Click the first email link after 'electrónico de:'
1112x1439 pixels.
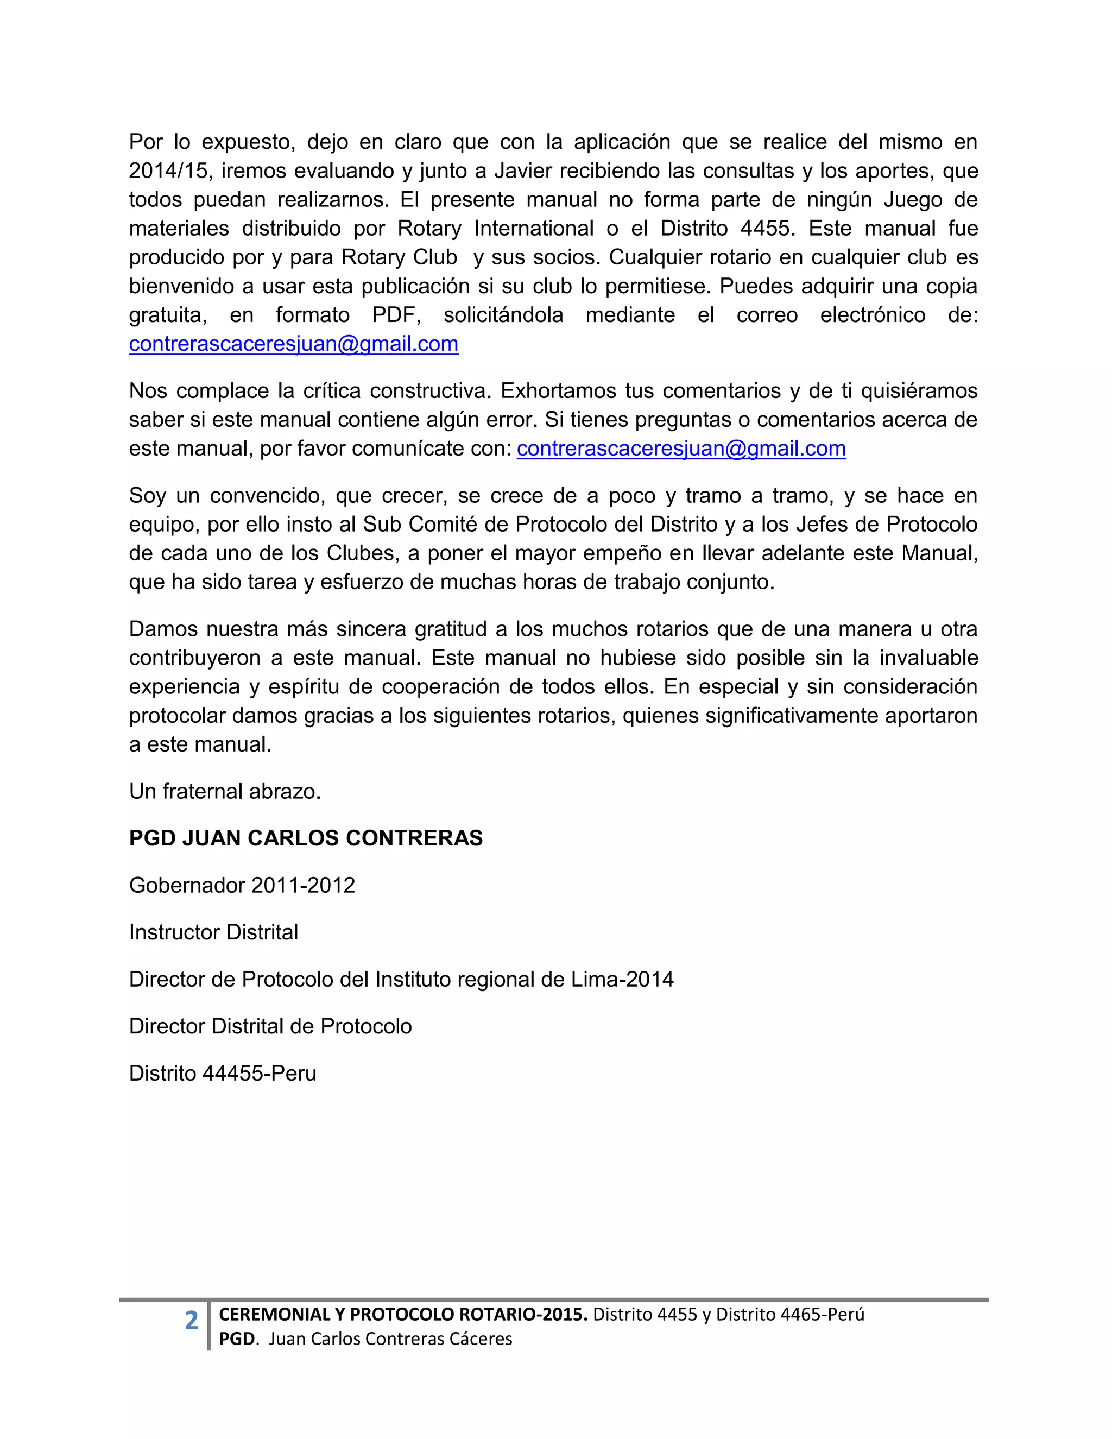point(293,344)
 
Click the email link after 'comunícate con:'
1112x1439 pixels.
point(681,449)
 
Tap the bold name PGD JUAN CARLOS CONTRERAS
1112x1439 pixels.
point(306,838)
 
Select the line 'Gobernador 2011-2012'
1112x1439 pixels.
point(242,885)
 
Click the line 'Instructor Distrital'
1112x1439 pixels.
point(213,932)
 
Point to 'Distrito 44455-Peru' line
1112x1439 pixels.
point(223,1074)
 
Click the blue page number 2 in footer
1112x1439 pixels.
point(191,1321)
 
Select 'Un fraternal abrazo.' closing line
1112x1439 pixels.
point(225,791)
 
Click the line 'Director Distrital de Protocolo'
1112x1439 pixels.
point(270,1026)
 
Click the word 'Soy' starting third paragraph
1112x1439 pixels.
point(148,495)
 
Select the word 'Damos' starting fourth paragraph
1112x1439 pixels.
point(162,629)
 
